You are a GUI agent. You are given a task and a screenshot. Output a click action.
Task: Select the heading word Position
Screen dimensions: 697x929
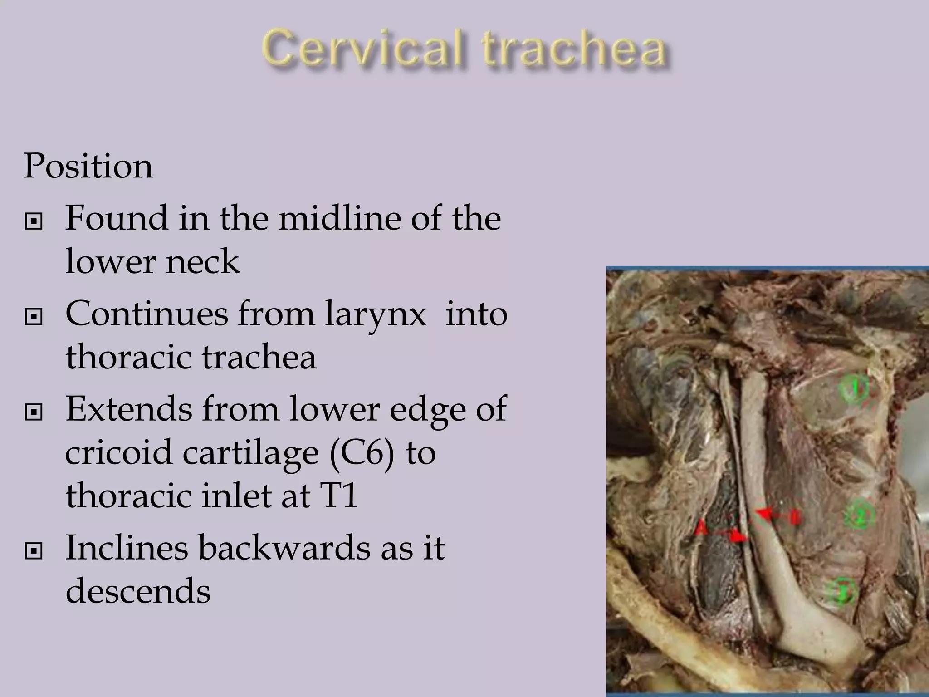point(88,166)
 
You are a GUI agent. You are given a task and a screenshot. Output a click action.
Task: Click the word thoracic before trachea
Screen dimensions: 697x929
point(128,357)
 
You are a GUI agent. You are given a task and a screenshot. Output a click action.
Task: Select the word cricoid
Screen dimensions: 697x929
point(118,452)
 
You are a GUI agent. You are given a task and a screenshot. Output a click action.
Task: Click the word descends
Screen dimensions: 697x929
point(138,591)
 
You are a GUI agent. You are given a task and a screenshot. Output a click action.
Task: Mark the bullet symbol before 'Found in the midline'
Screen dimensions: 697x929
point(34,222)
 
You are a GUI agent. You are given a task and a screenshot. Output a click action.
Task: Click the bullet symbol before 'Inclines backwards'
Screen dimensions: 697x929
point(34,551)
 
